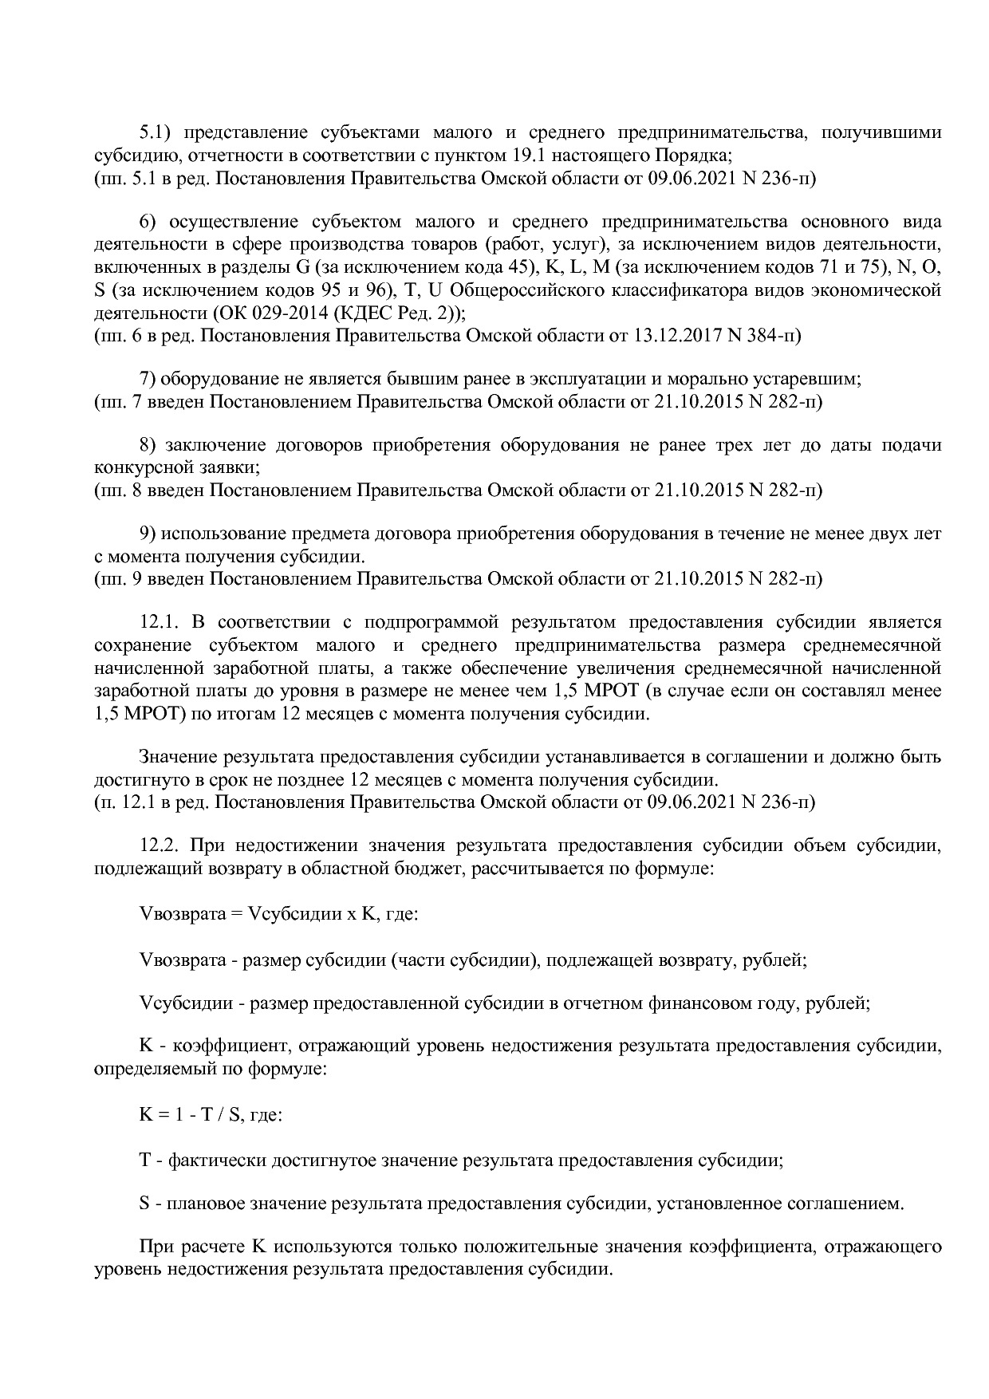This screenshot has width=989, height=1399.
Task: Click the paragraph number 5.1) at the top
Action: (x=155, y=132)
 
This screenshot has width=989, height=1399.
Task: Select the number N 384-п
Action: (x=763, y=335)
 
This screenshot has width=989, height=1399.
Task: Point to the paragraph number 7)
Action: (x=148, y=378)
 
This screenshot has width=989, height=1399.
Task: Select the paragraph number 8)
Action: (x=148, y=444)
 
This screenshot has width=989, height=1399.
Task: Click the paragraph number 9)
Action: (x=148, y=533)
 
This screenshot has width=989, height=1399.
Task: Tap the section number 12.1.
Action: (x=156, y=622)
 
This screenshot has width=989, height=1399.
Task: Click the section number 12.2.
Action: (x=156, y=845)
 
